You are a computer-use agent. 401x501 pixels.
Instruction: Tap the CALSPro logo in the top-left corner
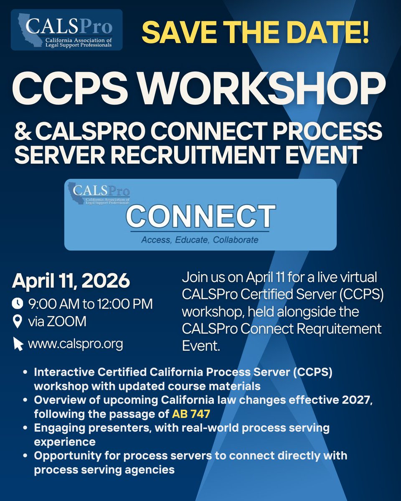tap(66, 30)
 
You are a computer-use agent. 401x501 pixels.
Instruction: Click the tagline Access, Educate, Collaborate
tap(200, 240)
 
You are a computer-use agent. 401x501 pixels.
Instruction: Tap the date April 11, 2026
tap(71, 281)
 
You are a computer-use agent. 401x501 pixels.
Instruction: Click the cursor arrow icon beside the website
tap(18, 344)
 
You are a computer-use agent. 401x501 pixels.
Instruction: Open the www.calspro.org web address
tap(75, 344)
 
